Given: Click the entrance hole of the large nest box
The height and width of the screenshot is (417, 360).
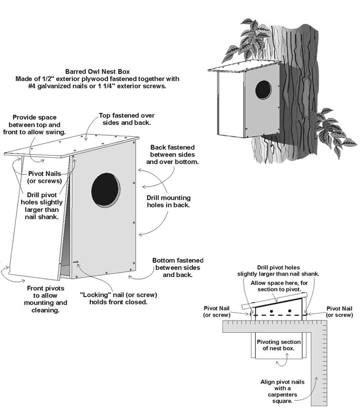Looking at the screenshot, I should (x=105, y=190).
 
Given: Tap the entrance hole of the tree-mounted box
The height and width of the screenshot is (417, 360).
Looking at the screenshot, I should (x=263, y=89).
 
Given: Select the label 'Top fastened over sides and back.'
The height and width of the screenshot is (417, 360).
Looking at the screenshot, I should (x=127, y=119).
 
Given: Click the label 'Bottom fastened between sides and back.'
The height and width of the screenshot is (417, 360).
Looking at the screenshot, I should (x=177, y=267).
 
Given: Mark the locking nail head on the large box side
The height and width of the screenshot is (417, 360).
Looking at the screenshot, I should (x=76, y=263).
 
